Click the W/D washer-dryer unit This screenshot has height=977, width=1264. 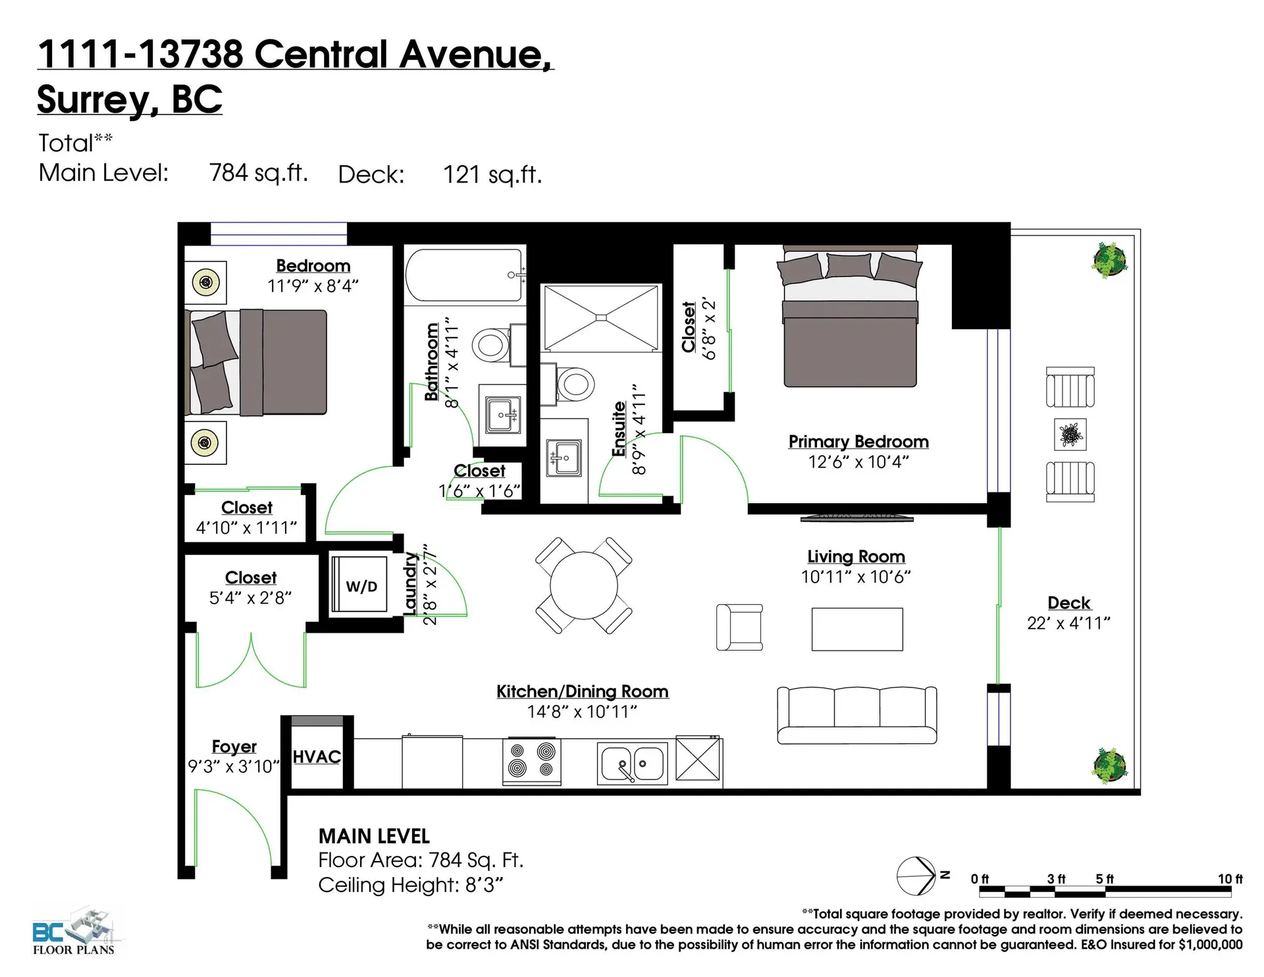click(361, 586)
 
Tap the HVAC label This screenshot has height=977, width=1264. click(317, 757)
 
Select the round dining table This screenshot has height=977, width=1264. click(583, 586)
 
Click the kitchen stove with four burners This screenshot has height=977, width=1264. click(532, 761)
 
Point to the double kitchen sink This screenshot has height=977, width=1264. click(632, 763)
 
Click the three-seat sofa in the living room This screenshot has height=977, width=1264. click(856, 715)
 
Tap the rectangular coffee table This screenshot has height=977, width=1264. click(856, 629)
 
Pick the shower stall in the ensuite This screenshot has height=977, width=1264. click(600, 318)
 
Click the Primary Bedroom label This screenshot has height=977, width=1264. click(858, 442)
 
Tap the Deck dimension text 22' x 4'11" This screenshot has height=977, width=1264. click(1068, 623)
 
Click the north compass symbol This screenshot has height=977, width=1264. click(916, 876)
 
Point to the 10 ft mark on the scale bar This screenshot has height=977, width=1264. click(1230, 880)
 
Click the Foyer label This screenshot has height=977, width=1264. click(234, 747)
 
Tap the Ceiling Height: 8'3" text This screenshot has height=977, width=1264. click(410, 885)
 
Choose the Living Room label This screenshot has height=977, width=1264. click(856, 557)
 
